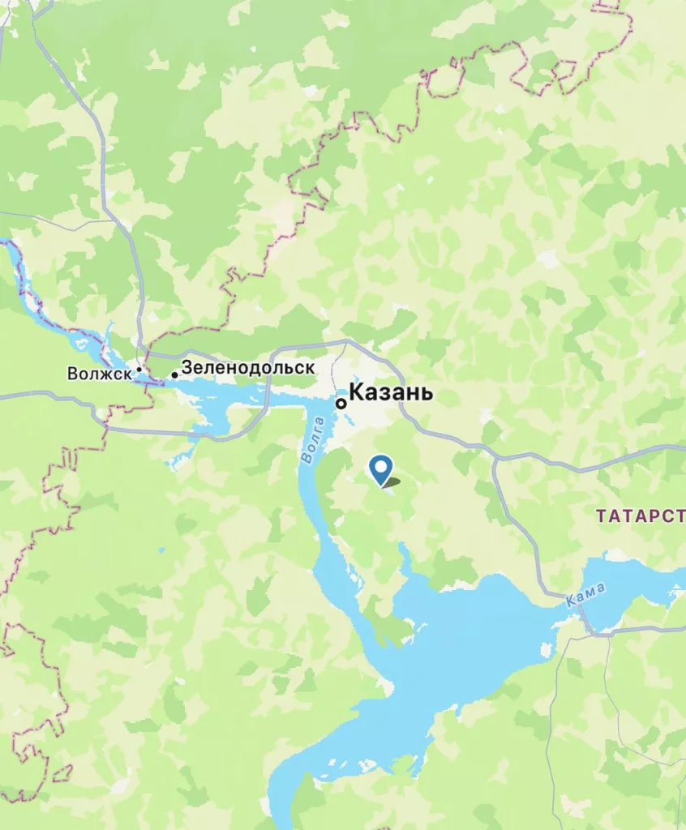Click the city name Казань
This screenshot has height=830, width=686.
click(391, 394)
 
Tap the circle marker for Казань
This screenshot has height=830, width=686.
click(341, 403)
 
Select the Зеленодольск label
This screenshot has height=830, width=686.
click(247, 367)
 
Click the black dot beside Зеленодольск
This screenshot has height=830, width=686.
click(174, 375)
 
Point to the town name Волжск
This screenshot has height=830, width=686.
click(100, 374)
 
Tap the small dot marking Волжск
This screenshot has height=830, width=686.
click(139, 370)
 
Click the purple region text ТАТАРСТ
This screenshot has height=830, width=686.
click(641, 516)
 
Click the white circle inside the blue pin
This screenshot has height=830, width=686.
click(379, 466)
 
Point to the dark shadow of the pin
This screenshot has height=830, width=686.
click(392, 483)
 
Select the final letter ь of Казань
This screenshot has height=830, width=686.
click(427, 394)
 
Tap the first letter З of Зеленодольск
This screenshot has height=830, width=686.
click(187, 367)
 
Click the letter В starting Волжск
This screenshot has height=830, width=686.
click(73, 374)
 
